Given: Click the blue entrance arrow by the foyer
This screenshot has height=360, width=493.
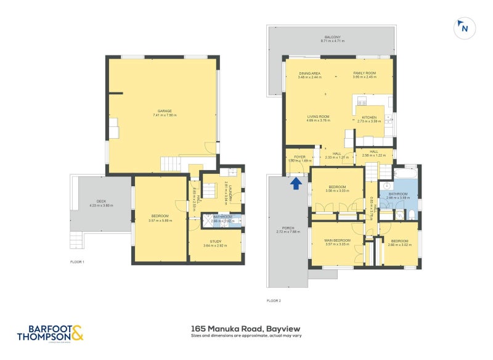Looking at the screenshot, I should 296,182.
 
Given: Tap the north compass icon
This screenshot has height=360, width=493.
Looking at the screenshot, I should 463,28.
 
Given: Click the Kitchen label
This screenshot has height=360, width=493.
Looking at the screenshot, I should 370,118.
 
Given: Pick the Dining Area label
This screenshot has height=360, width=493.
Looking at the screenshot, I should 309,75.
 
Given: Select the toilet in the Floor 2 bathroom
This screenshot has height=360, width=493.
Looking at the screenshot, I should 411,215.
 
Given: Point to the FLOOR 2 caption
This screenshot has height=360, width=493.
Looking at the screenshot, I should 274,301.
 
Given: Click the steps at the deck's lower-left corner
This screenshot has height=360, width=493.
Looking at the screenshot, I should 77,239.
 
